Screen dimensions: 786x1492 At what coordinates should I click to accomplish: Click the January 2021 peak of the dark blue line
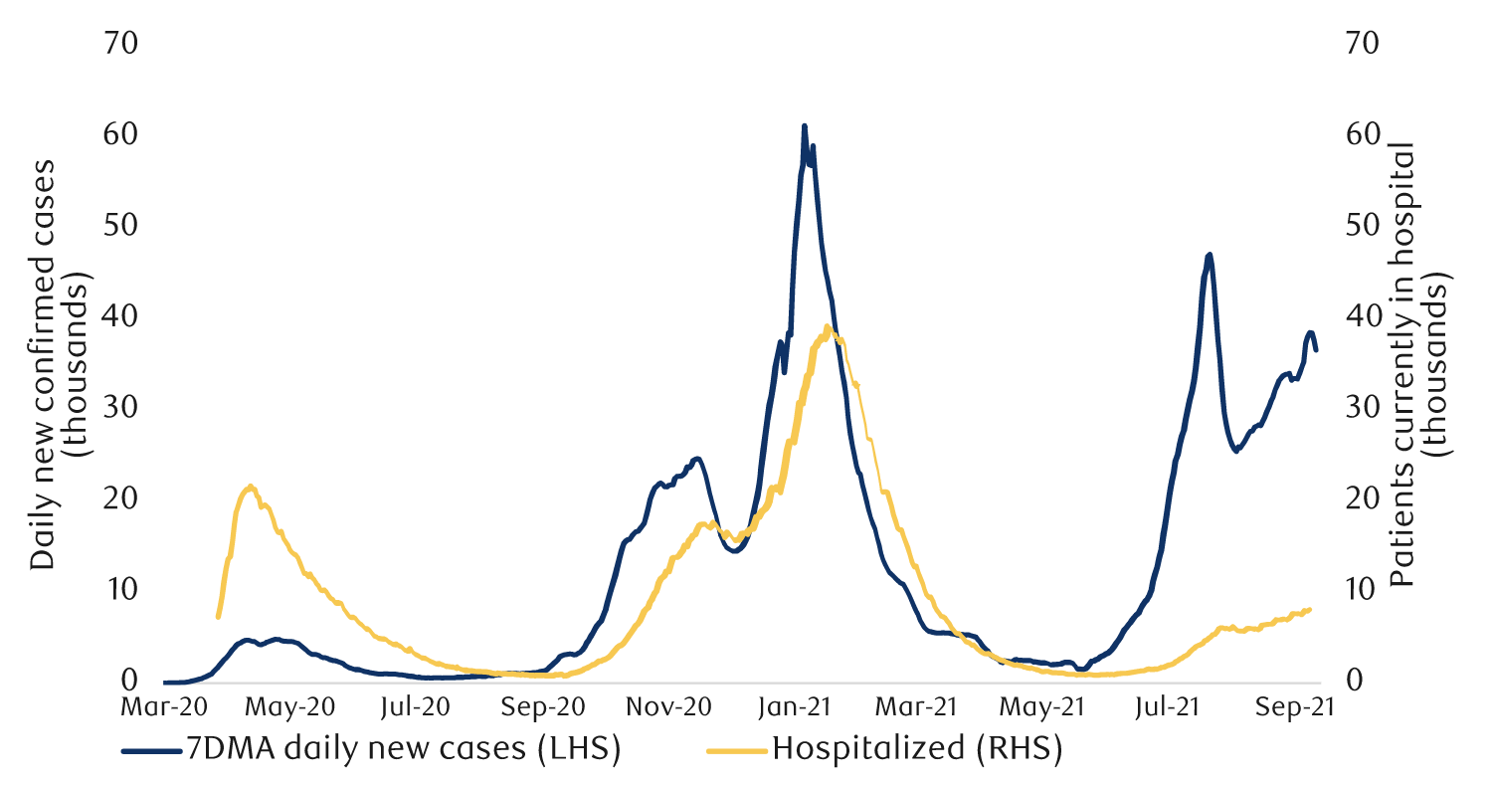[x=804, y=126]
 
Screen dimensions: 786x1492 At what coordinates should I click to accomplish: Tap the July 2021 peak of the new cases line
[x=1209, y=255]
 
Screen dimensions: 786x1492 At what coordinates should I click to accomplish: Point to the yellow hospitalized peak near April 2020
[x=251, y=487]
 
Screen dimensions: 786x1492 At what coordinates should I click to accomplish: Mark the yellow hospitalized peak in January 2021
[x=828, y=326]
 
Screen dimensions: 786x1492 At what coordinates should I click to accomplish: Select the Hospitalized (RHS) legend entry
[x=884, y=748]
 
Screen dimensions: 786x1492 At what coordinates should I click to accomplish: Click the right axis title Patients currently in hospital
[x=1416, y=363]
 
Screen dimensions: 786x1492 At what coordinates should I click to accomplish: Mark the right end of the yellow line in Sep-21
[x=1310, y=609]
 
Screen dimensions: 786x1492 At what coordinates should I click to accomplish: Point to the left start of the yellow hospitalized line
[x=218, y=617]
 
